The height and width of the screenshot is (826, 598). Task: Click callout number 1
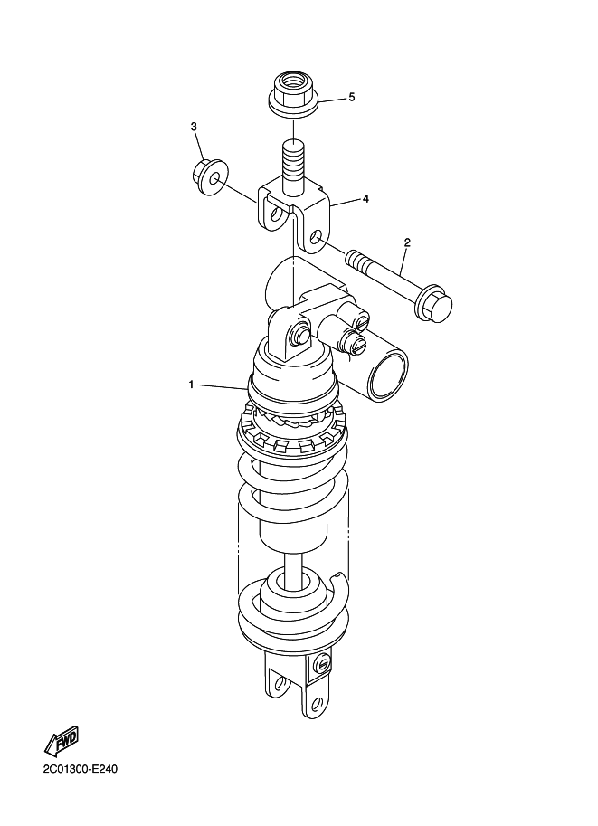191,385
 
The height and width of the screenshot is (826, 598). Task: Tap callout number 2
407,242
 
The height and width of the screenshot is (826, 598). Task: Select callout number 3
194,127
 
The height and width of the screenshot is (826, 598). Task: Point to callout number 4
365,199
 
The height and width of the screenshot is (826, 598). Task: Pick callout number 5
351,98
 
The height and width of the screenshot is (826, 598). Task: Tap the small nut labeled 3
209,178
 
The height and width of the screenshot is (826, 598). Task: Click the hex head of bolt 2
434,305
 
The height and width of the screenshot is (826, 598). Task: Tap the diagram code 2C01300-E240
81,769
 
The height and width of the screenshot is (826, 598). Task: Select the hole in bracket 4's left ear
275,215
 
